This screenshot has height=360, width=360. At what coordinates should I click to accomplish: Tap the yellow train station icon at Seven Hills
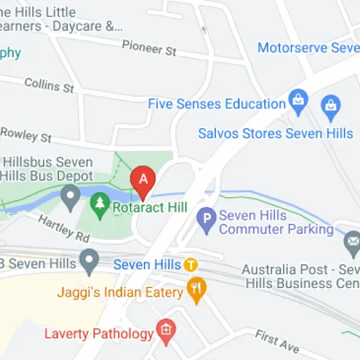[191, 264]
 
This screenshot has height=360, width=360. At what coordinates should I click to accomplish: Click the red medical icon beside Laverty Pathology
[166, 333]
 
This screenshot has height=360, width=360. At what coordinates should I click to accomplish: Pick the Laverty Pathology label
[99, 333]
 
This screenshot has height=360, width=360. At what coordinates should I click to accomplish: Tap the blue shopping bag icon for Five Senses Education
[296, 99]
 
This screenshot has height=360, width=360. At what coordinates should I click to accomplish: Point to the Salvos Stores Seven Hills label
[276, 133]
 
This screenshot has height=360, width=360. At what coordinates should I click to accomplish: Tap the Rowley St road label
[27, 134]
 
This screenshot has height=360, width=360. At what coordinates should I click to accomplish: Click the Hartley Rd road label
[64, 227]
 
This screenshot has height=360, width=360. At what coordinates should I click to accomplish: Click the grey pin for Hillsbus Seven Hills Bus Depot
[70, 195]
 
